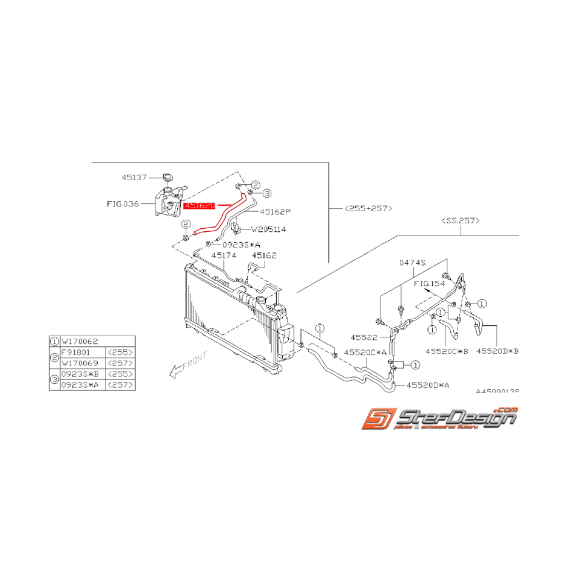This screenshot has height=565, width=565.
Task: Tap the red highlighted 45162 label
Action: click(x=200, y=206)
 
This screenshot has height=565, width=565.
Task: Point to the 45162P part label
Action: click(x=276, y=212)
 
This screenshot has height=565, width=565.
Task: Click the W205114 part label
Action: click(x=270, y=229)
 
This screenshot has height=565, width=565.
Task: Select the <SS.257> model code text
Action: click(x=461, y=222)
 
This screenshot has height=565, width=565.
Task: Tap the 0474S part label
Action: click(x=413, y=263)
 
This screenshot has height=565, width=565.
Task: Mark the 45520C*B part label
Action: click(x=447, y=351)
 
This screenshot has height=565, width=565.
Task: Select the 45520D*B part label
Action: click(x=498, y=351)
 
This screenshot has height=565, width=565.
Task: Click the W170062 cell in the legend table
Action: click(x=79, y=341)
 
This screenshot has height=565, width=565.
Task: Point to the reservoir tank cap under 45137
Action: click(x=168, y=177)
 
